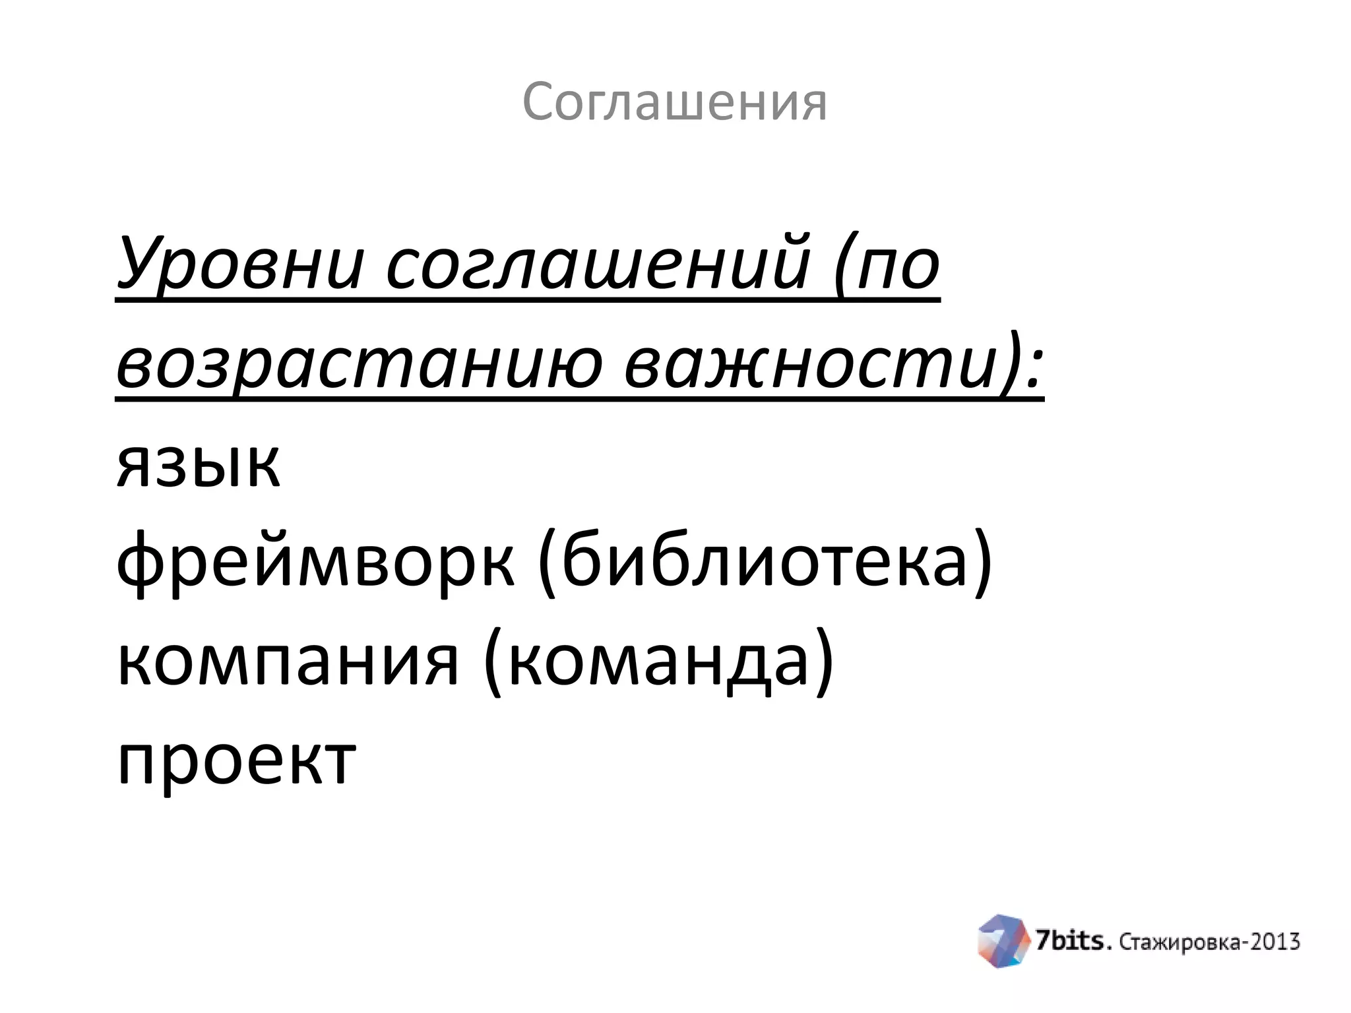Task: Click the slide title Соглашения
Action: tap(674, 102)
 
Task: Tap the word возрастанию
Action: tap(359, 365)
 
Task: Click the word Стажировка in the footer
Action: tap(1181, 942)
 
